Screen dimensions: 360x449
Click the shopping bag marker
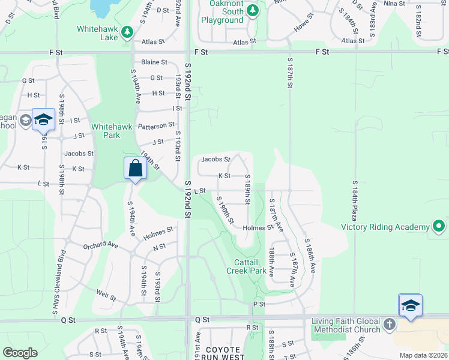click(135, 169)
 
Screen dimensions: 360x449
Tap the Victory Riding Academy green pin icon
click(439, 227)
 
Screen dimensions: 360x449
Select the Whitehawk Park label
click(105, 131)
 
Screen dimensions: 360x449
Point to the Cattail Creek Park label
click(246, 266)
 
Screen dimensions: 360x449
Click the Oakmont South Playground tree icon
click(253, 11)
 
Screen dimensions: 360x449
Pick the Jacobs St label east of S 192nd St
click(215, 160)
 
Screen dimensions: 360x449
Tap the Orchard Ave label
click(100, 245)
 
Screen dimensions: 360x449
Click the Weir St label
click(105, 293)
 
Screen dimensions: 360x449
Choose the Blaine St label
click(154, 62)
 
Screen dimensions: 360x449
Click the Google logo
click(20, 353)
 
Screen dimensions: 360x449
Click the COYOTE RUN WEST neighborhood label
click(223, 354)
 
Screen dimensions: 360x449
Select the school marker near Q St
click(411, 305)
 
